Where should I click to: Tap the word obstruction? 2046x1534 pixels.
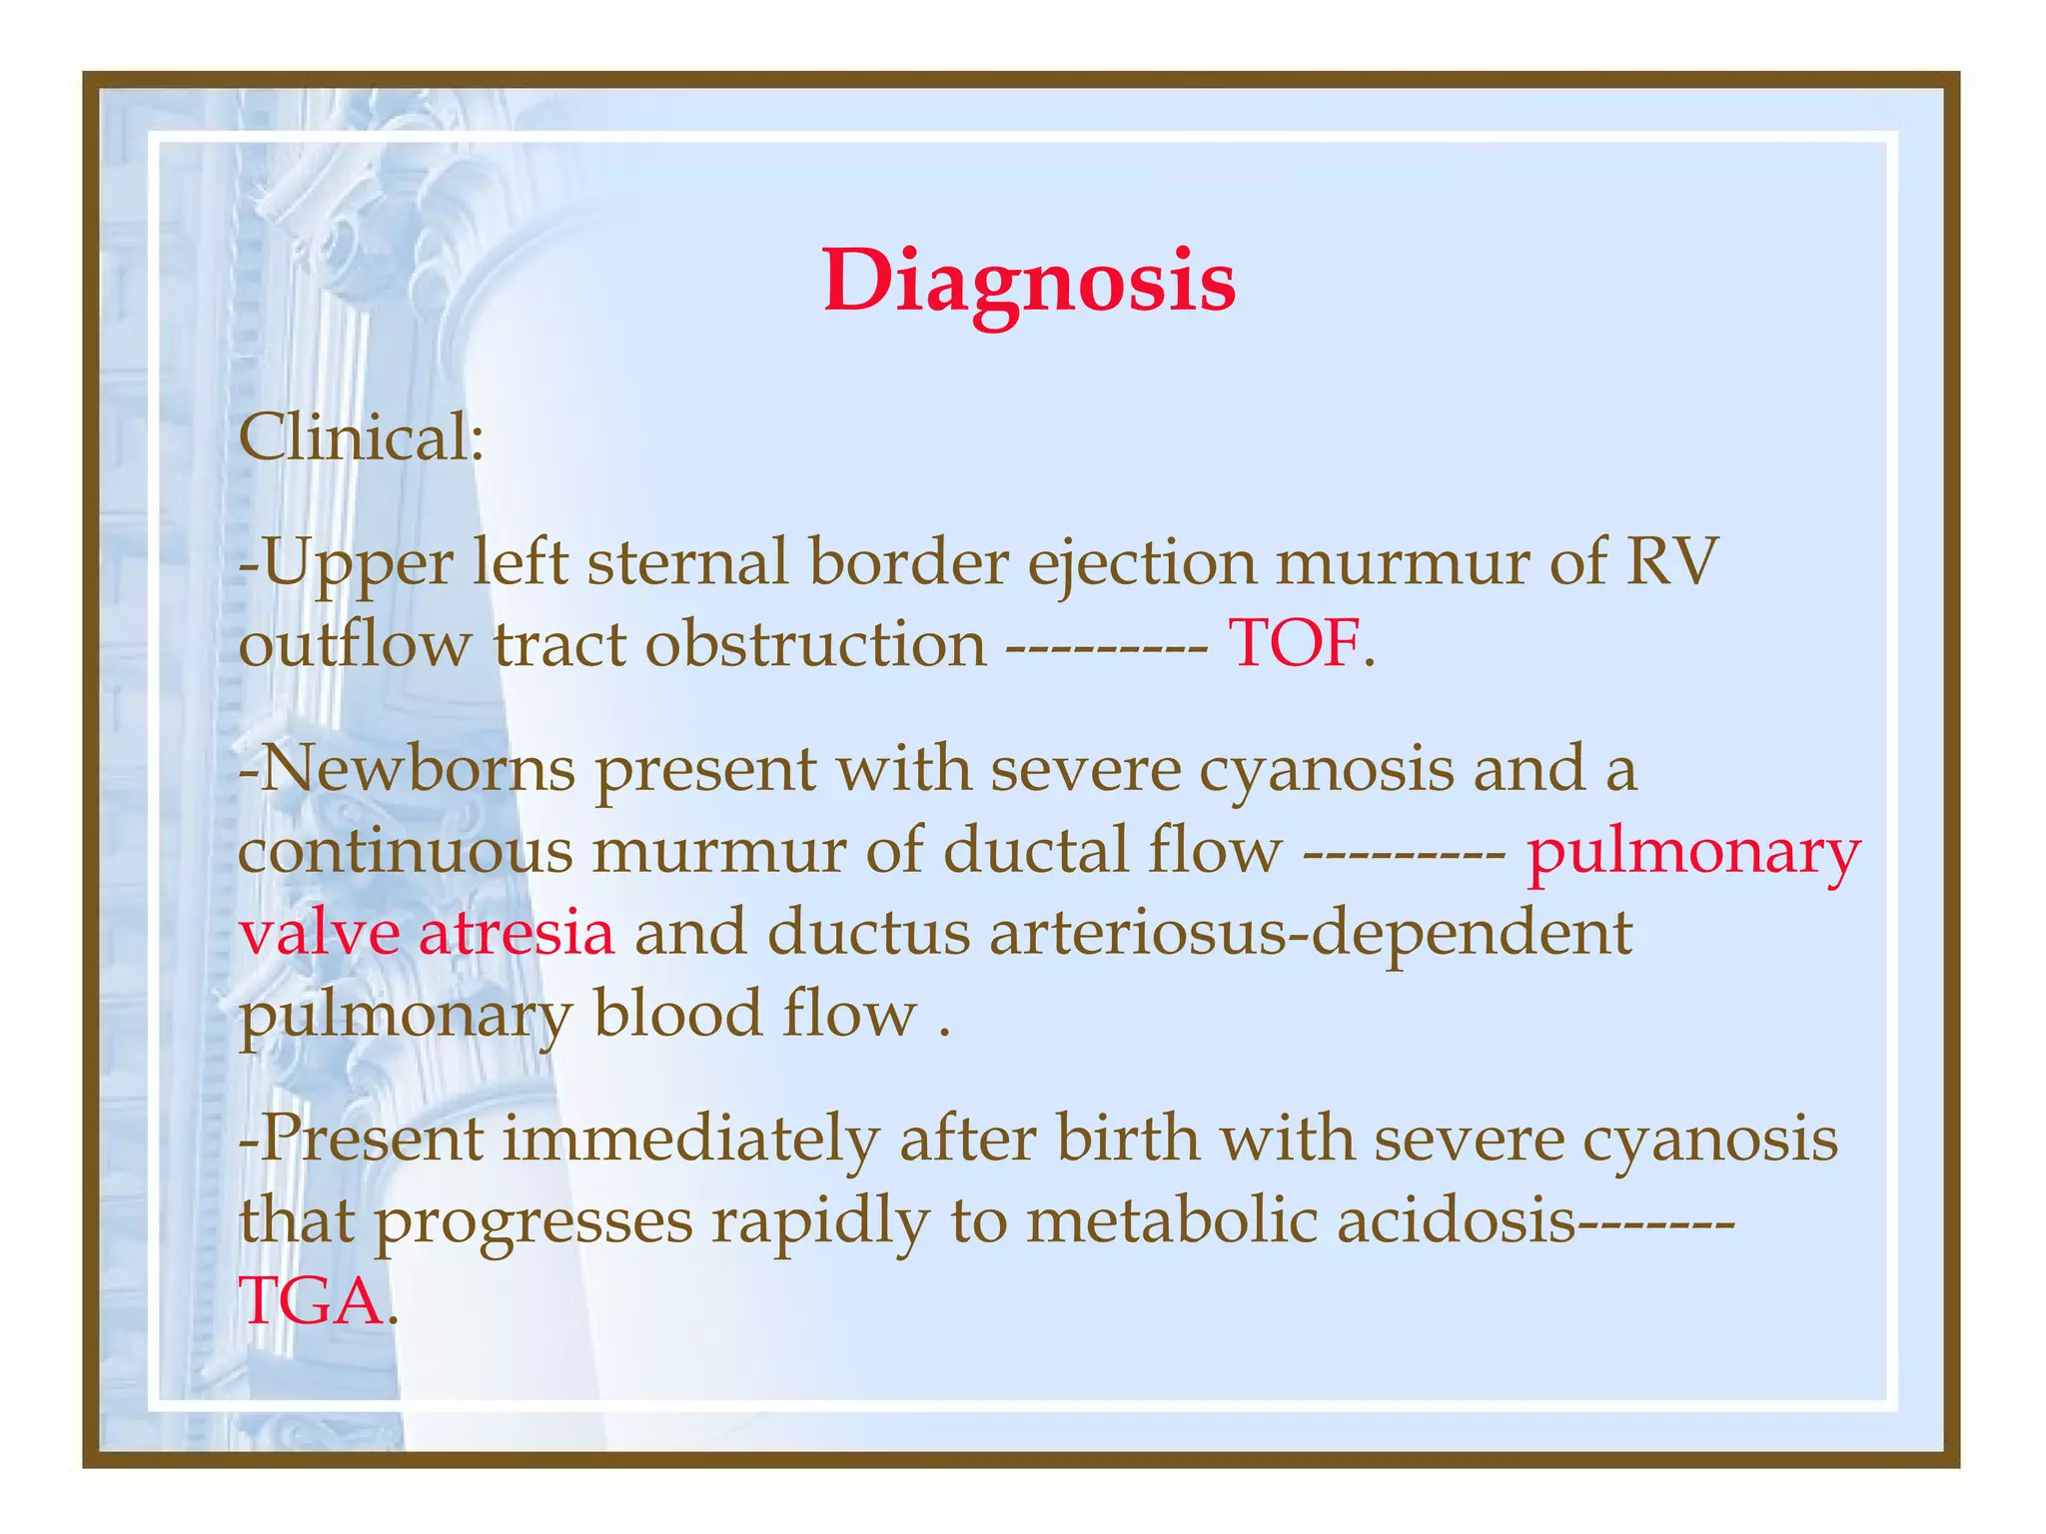(x=815, y=644)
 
